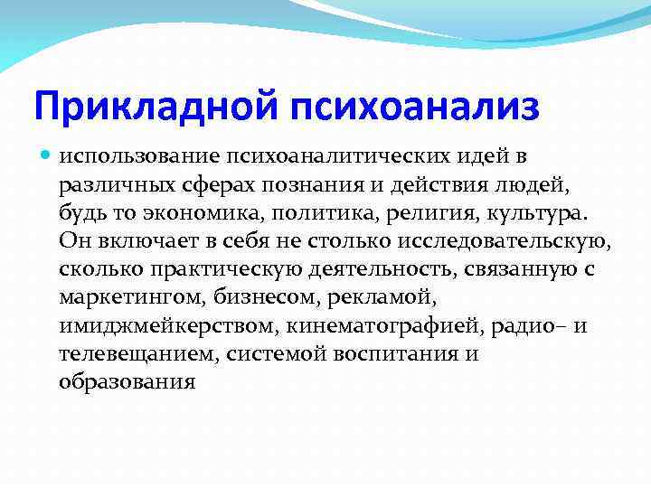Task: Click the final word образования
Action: pyautogui.click(x=127, y=381)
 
